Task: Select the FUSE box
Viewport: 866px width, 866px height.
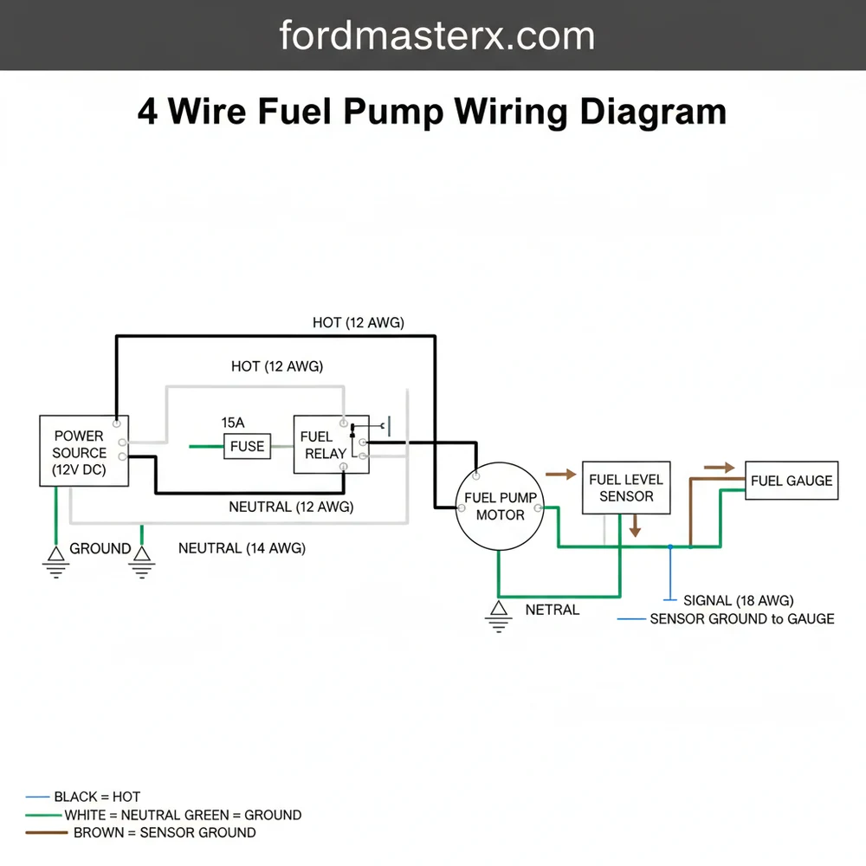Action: tap(247, 447)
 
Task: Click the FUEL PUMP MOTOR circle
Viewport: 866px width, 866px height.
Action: tap(500, 507)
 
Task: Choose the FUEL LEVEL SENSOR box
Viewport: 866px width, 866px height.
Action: tap(625, 488)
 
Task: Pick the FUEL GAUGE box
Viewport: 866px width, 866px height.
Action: tap(792, 481)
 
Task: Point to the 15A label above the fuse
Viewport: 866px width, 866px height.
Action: tap(233, 423)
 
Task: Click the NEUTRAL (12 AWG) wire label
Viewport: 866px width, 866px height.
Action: tap(291, 507)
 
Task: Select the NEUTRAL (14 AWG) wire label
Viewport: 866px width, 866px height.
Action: tap(242, 548)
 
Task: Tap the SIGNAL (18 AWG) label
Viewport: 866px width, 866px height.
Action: tap(738, 600)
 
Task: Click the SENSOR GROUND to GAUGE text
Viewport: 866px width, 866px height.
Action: tap(741, 618)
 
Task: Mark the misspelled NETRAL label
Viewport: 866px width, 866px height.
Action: tap(552, 610)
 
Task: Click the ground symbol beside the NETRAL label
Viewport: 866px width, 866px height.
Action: tap(498, 616)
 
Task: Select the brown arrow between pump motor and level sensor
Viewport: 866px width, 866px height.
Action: tap(560, 475)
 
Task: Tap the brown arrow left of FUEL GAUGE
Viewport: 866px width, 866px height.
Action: tap(718, 468)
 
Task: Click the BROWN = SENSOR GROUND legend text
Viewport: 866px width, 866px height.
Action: tap(165, 832)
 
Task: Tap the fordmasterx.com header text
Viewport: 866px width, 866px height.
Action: tap(436, 36)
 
